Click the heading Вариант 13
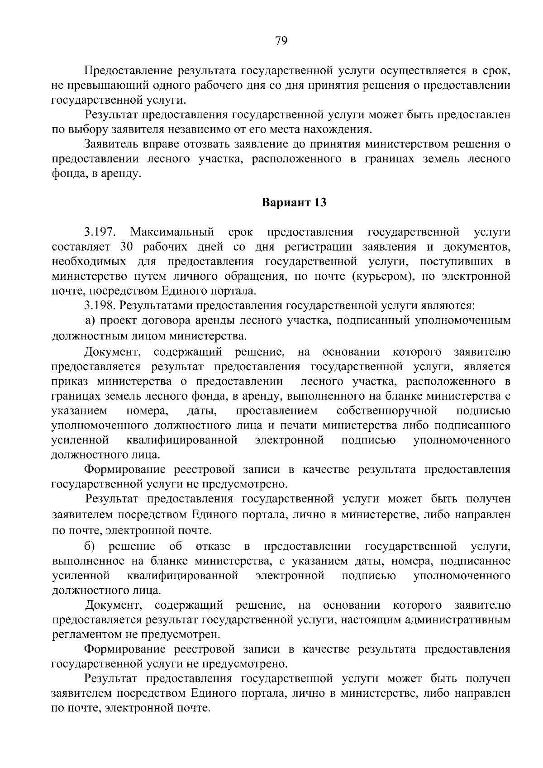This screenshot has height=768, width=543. click(294, 202)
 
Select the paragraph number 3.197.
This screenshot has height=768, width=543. click(100, 233)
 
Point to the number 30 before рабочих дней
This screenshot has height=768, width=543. click(125, 247)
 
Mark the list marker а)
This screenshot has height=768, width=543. click(90, 321)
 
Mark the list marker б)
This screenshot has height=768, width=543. click(89, 546)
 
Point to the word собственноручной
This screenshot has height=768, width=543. click(387, 411)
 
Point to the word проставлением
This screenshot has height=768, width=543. click(276, 411)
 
